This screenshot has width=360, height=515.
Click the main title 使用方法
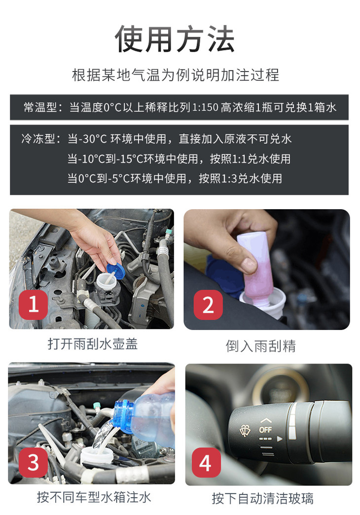coord(175,39)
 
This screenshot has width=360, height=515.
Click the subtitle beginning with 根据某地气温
coord(176,75)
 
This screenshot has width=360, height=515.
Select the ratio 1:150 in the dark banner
coord(205,107)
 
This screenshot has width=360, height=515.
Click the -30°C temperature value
coord(93,139)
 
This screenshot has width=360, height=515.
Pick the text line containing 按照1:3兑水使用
coord(175,179)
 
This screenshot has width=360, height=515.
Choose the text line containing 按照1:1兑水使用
coord(179,159)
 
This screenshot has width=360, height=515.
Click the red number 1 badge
coord(33,304)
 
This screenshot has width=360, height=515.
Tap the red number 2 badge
coord(208,305)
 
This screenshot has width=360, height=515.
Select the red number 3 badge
coord(33,462)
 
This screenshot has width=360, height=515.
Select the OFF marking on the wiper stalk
coord(265,429)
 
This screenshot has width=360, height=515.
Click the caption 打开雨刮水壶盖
coord(93,344)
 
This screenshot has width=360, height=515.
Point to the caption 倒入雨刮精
coord(260,346)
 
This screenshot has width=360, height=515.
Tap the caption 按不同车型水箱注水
coord(94,497)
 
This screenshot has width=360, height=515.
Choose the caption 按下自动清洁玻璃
coord(262,498)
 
